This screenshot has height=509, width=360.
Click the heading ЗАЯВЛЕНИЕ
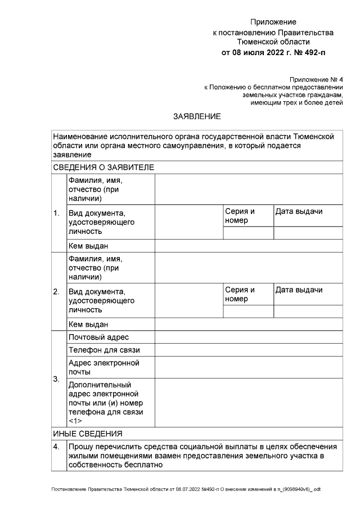tap(197, 116)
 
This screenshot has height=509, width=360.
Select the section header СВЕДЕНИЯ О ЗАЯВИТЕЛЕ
tap(103, 167)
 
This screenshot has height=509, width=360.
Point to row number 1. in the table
tap(56, 214)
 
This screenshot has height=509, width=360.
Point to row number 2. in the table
tap(56, 291)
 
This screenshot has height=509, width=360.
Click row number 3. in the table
tap(56, 379)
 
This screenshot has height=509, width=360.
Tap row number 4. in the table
tap(56, 447)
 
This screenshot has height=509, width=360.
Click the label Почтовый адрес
tap(98, 337)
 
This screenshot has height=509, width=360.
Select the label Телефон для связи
tap(102, 350)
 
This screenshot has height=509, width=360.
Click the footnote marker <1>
tap(75, 421)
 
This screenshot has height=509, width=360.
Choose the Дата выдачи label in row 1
tap(299, 211)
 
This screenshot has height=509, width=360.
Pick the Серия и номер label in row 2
tap(240, 294)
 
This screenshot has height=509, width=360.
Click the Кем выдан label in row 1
tap(88, 246)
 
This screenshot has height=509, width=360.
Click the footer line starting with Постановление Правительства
tap(186, 489)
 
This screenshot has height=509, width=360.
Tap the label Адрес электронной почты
tap(103, 367)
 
